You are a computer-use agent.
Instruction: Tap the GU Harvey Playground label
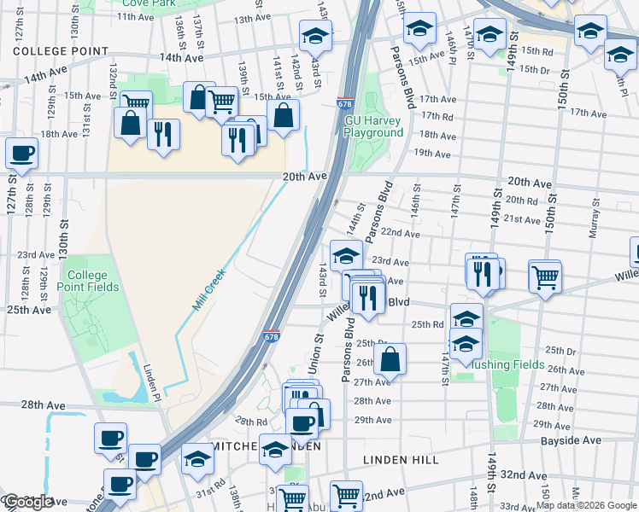[373, 126]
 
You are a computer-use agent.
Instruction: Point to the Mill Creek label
[209, 289]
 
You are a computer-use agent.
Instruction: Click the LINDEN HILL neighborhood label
[400, 460]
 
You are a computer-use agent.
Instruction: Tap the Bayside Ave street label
[571, 440]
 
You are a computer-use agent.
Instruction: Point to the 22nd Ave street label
[400, 233]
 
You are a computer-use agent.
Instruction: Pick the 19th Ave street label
[431, 154]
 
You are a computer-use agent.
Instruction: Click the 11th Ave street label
[136, 16]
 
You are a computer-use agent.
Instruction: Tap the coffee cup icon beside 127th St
[21, 154]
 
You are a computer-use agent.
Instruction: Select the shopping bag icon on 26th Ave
[390, 359]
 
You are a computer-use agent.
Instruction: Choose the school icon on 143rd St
[314, 36]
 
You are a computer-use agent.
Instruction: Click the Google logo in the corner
[28, 502]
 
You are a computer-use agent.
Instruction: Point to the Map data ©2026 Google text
[586, 505]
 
